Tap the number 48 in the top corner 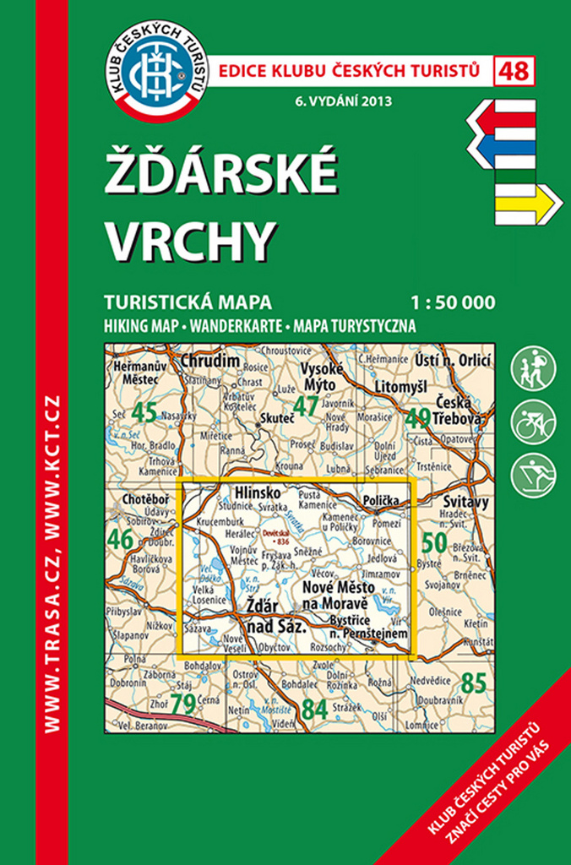click(x=514, y=71)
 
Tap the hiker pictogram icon click(x=534, y=369)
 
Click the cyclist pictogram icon click(x=534, y=422)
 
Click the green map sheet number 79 click(x=183, y=703)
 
